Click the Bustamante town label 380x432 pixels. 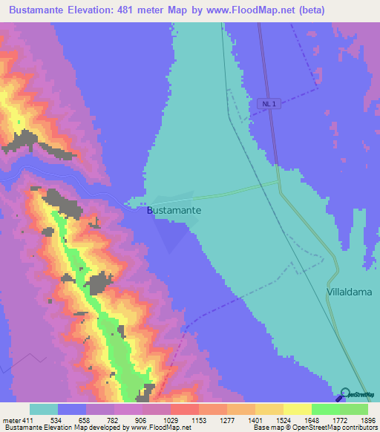coord(174,211)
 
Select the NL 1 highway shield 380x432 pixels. coord(272,104)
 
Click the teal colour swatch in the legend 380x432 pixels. coord(44,409)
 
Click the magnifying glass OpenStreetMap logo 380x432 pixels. coord(344,394)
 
